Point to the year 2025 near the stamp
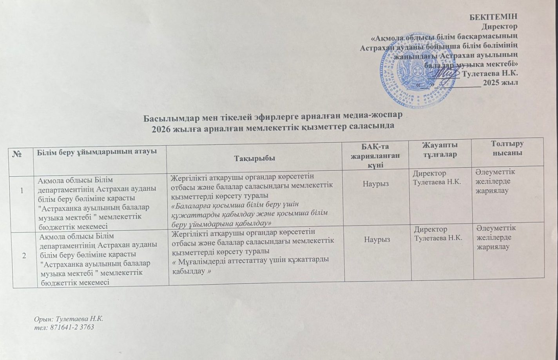(491, 83)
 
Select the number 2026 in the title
(161, 127)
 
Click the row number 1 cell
(22, 191)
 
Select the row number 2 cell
(25, 255)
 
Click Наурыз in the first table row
(376, 184)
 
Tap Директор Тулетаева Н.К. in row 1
(435, 178)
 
